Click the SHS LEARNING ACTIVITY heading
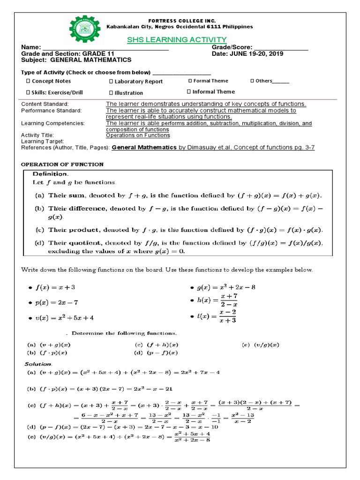(177, 39)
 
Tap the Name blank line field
(106, 48)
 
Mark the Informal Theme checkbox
(189, 92)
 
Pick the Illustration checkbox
(111, 93)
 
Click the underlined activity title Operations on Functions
(138, 135)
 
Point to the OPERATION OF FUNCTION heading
(63, 165)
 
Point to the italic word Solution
(38, 364)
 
